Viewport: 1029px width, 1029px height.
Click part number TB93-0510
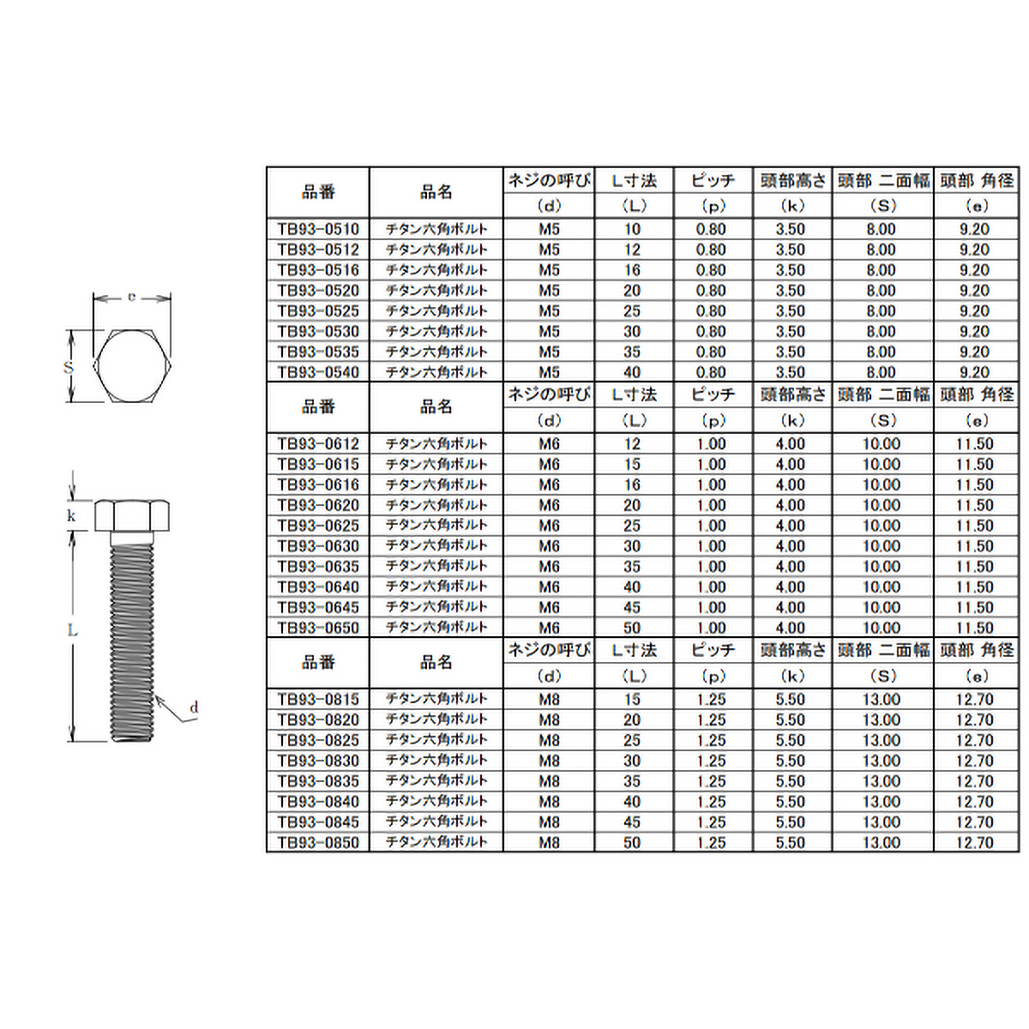pos(318,229)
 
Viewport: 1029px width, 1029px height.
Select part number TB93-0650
pos(318,628)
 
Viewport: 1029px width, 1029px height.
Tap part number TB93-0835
pos(318,781)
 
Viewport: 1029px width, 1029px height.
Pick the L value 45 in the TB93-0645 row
pos(632,607)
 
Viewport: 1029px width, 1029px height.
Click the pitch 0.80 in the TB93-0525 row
pos(711,311)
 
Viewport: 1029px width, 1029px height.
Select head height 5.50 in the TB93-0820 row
pos(791,720)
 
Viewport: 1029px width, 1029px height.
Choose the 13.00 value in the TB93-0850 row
pos(882,843)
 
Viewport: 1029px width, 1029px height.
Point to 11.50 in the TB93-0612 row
pos(975,444)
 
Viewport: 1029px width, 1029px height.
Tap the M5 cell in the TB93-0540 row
pos(549,372)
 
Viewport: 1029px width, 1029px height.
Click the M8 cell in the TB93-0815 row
pos(549,700)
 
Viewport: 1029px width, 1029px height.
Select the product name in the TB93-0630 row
pos(436,546)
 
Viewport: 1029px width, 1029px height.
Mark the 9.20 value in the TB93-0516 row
pos(975,270)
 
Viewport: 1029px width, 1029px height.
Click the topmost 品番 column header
pos(318,193)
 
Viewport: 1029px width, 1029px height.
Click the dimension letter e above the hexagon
pos(131,297)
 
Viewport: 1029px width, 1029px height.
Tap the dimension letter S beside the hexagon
pos(69,367)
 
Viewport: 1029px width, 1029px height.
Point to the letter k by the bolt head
pos(71,516)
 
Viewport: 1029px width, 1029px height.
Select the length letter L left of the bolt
pos(73,631)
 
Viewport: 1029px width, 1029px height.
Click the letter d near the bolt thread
pos(194,707)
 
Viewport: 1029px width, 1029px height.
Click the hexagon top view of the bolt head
pos(133,366)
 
